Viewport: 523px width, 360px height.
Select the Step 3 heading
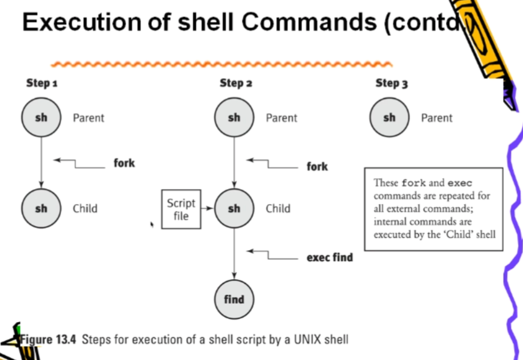[x=391, y=83]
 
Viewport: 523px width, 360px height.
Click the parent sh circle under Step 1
[x=41, y=118]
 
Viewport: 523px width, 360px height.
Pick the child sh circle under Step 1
[x=41, y=209]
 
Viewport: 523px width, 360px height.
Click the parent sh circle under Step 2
[x=234, y=118]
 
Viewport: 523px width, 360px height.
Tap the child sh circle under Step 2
[x=234, y=209]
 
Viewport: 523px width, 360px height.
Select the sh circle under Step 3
[x=390, y=118]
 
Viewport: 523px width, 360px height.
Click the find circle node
[x=234, y=299]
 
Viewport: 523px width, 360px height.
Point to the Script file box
[x=181, y=209]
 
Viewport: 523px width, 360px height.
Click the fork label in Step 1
[x=124, y=163]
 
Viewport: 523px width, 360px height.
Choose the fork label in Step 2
[x=317, y=166]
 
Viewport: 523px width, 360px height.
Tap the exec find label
[x=330, y=257]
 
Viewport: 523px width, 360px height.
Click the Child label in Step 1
[x=85, y=209]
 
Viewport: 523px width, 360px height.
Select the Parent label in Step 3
[x=437, y=118]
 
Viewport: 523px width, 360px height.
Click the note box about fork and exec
[x=434, y=209]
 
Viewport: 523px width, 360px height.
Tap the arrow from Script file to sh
[x=208, y=209]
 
